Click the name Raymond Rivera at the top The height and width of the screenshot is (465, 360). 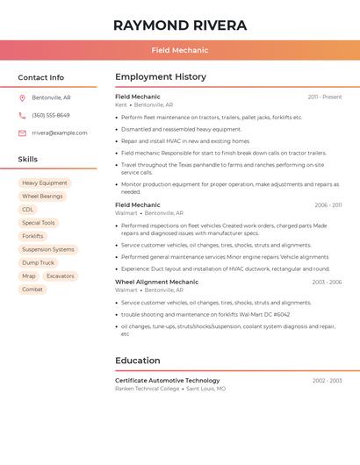179,25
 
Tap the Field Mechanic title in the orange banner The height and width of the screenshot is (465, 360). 179,51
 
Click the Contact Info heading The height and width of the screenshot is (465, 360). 40,77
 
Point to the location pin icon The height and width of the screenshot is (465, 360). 22,97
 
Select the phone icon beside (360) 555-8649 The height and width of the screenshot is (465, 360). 22,115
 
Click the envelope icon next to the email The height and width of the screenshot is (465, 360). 22,133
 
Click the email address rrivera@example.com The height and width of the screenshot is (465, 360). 60,133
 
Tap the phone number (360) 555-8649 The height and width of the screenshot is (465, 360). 51,115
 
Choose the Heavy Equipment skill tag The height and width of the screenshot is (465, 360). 44,183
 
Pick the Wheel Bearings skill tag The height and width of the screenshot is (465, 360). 42,197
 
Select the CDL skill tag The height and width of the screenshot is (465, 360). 28,210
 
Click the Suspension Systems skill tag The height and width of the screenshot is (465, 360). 48,249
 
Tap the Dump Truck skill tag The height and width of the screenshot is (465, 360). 38,262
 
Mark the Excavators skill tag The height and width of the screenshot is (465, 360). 61,276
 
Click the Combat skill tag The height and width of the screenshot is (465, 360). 32,290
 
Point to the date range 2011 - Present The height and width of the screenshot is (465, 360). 324,97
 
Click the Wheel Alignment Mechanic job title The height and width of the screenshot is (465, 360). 156,283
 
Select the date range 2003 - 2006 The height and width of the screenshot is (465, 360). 327,283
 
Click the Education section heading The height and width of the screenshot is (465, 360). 138,361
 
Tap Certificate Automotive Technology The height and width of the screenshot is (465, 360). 167,381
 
